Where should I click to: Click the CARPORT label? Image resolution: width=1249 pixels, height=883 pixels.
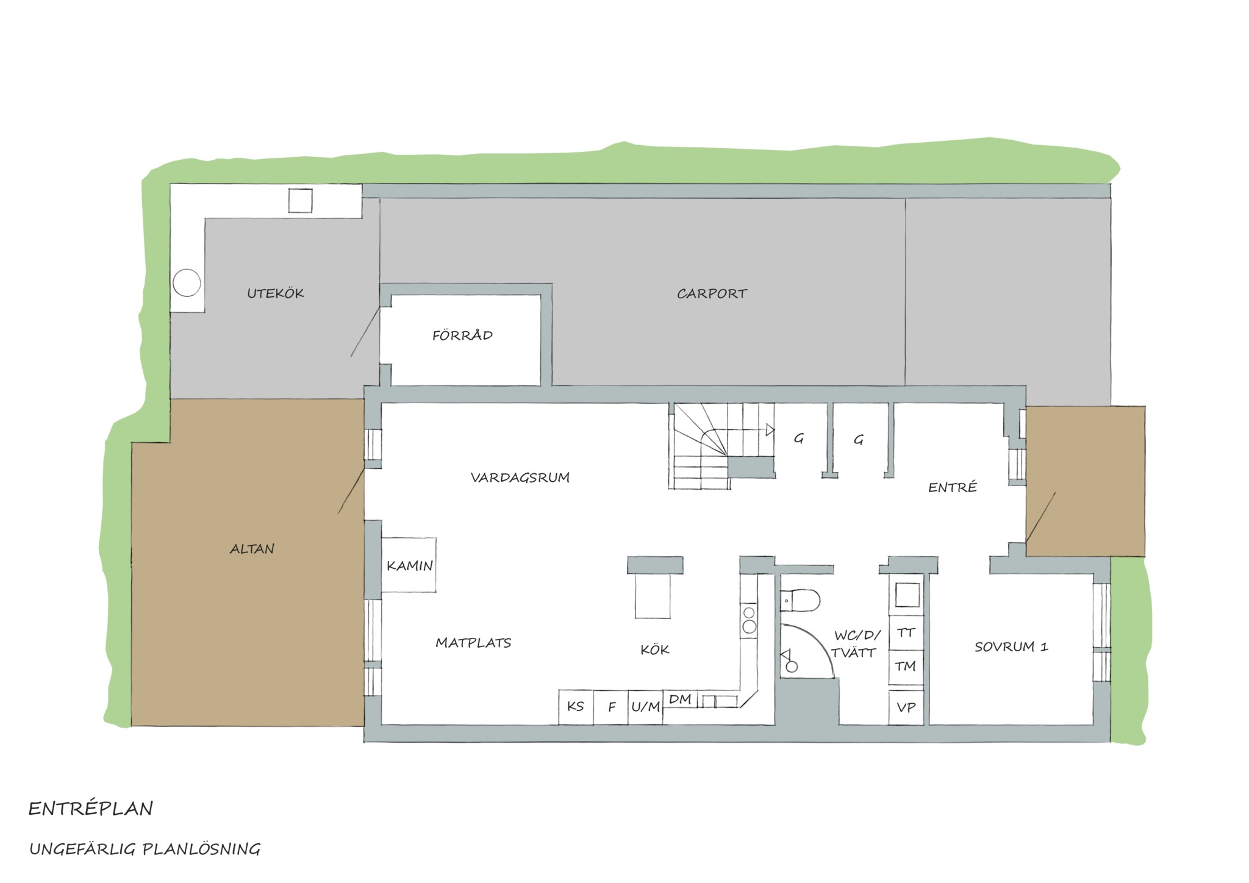click(x=712, y=294)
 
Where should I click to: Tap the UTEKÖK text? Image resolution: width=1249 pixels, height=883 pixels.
click(x=276, y=293)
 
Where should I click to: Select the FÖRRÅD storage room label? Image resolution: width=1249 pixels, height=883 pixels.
click(x=462, y=335)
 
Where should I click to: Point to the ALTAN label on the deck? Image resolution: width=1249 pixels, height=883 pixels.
click(x=252, y=549)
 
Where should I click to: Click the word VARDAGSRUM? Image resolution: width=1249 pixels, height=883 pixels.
click(x=520, y=477)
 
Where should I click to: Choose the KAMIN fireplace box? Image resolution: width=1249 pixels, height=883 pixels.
click(x=409, y=565)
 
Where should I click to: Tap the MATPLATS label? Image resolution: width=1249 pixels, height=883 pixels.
click(x=473, y=643)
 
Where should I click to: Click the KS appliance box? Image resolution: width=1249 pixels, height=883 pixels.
click(x=576, y=707)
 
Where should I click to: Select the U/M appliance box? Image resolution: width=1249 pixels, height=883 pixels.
click(x=645, y=707)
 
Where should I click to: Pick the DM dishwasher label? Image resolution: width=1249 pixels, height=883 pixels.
click(x=680, y=699)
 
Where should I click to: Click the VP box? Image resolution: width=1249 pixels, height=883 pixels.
click(x=906, y=707)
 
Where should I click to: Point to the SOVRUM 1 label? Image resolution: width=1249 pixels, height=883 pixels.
click(x=1011, y=647)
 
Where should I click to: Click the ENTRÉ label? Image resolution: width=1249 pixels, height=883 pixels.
click(x=953, y=487)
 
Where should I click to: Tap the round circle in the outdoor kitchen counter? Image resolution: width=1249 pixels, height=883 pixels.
click(x=187, y=282)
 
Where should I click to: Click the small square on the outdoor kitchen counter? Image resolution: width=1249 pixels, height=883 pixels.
click(x=300, y=201)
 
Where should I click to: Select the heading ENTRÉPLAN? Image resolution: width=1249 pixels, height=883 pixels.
click(x=91, y=809)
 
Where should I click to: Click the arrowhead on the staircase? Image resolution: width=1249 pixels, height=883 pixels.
click(x=770, y=430)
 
